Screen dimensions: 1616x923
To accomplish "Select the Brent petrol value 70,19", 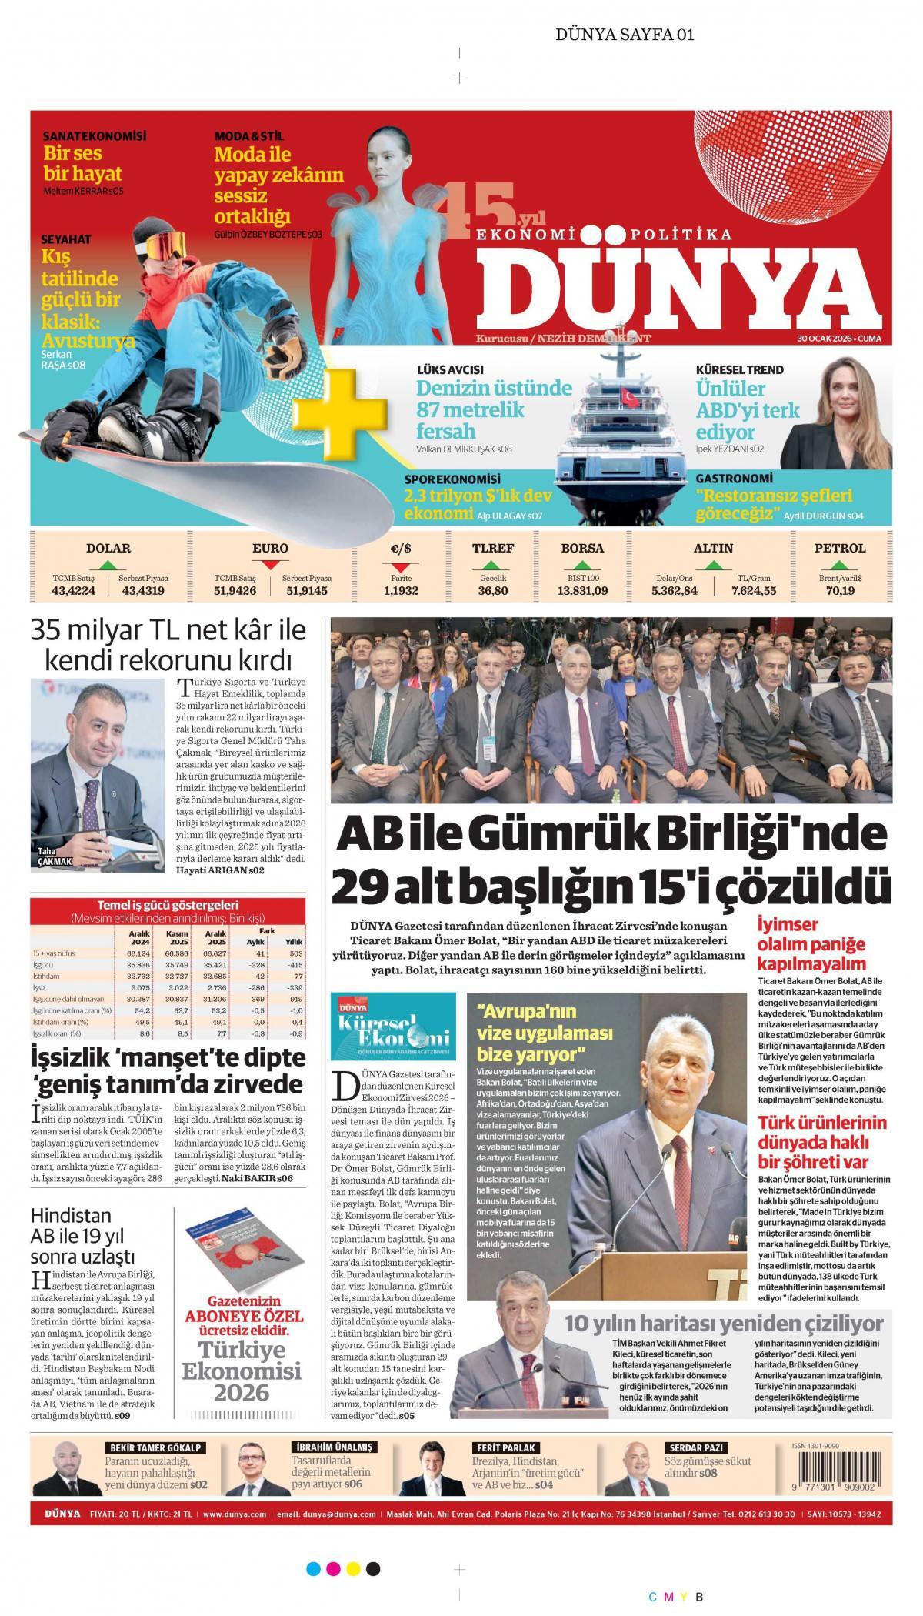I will (840, 591).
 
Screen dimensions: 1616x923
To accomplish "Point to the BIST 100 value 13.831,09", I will (582, 591).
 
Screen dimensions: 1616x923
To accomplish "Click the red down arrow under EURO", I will (270, 566).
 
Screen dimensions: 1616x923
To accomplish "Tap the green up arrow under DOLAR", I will (108, 566).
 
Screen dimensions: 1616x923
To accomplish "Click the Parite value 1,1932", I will (401, 591).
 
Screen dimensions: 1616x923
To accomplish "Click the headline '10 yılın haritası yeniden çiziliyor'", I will (724, 1022).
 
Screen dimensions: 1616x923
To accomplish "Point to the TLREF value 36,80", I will (492, 591).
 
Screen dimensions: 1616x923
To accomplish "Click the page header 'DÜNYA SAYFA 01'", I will (625, 34).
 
